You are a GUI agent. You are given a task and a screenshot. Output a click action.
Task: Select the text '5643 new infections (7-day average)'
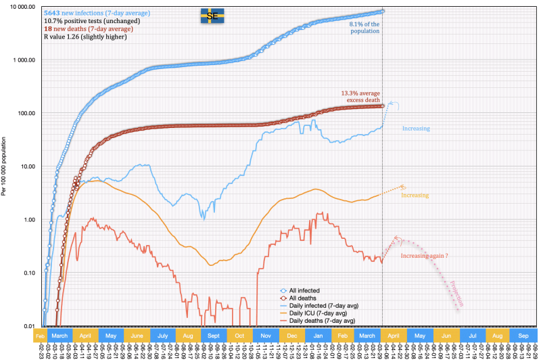(97, 13)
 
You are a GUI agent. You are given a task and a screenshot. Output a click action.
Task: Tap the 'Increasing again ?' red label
(424, 256)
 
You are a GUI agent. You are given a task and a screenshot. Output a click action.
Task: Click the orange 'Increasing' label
(415, 195)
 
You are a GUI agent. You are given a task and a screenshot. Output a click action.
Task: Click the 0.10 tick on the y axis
(25, 273)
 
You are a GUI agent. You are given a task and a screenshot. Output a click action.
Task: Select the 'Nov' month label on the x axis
(265, 336)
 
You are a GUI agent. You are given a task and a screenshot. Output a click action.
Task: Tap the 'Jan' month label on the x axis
(317, 336)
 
